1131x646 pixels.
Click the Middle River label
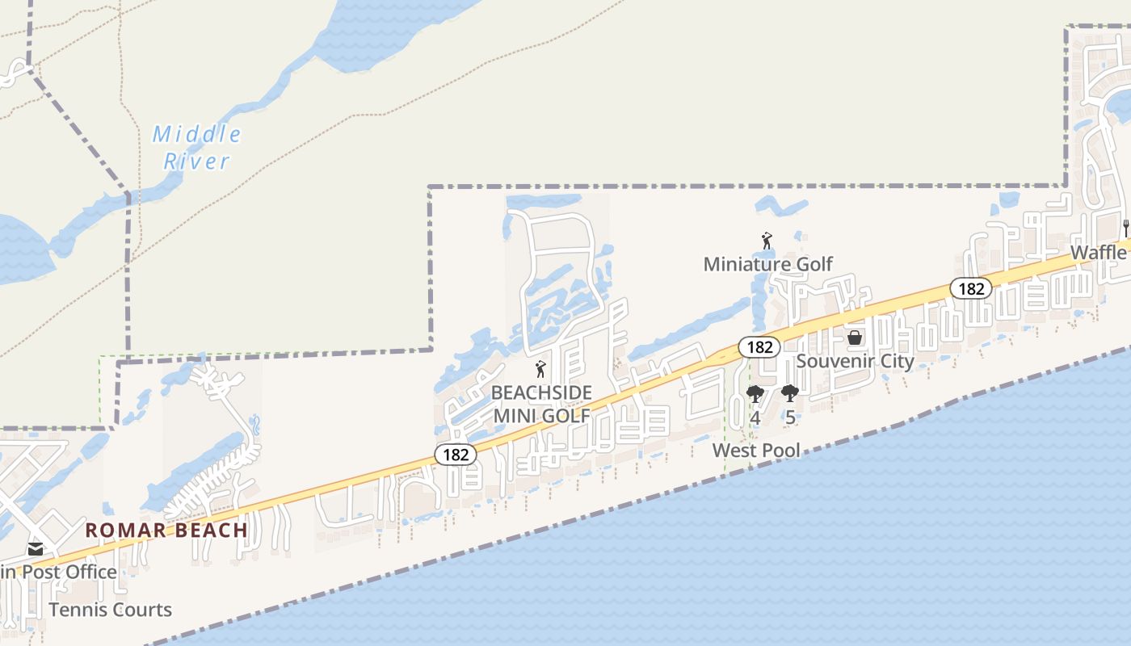click(196, 147)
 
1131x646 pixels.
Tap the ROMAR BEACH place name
click(166, 530)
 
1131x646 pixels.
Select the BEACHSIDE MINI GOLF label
click(541, 404)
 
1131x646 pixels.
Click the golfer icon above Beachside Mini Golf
click(540, 370)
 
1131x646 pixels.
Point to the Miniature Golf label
click(767, 264)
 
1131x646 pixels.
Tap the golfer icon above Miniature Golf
click(767, 241)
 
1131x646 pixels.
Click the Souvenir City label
click(855, 360)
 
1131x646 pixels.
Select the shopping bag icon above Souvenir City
click(854, 338)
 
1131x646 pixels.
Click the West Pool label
click(756, 450)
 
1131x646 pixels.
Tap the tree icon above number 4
click(755, 394)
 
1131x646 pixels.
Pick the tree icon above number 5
click(790, 394)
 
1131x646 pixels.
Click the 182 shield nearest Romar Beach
click(456, 455)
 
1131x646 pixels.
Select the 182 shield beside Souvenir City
click(759, 347)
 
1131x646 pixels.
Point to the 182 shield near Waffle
click(970, 288)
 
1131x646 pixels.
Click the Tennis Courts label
click(111, 610)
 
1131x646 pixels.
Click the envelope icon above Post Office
click(35, 549)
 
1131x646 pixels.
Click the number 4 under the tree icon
click(755, 417)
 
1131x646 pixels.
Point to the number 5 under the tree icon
click(790, 417)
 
